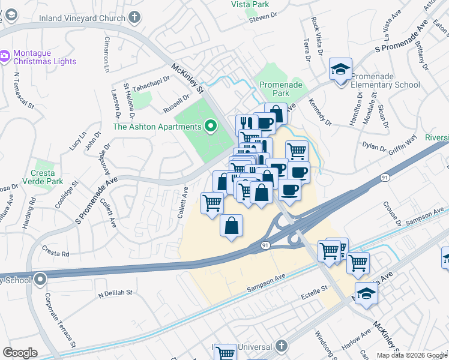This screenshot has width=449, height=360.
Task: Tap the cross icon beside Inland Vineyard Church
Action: point(135,17)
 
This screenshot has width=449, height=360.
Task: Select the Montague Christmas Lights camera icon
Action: point(5,56)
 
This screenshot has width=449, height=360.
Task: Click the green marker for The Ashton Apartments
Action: point(210,127)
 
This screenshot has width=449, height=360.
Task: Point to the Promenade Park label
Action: point(282,89)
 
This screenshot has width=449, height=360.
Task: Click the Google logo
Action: point(20,353)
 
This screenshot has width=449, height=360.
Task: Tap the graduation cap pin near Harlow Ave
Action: point(366,293)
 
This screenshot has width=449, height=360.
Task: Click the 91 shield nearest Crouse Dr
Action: point(384,178)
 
